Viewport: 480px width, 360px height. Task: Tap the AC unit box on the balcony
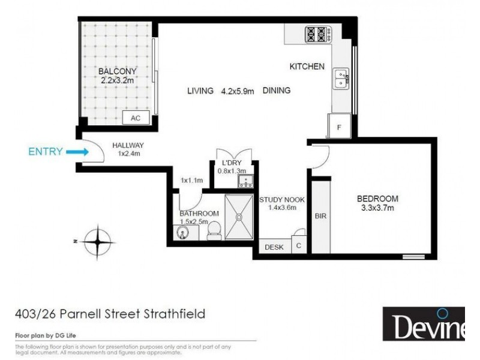click(x=136, y=119)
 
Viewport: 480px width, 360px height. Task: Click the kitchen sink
click(x=341, y=77)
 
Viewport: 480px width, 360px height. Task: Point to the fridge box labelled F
click(x=339, y=128)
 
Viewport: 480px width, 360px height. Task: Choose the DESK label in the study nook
click(x=274, y=247)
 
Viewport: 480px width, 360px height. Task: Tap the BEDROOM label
click(x=377, y=199)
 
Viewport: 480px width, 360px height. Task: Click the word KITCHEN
click(x=307, y=67)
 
